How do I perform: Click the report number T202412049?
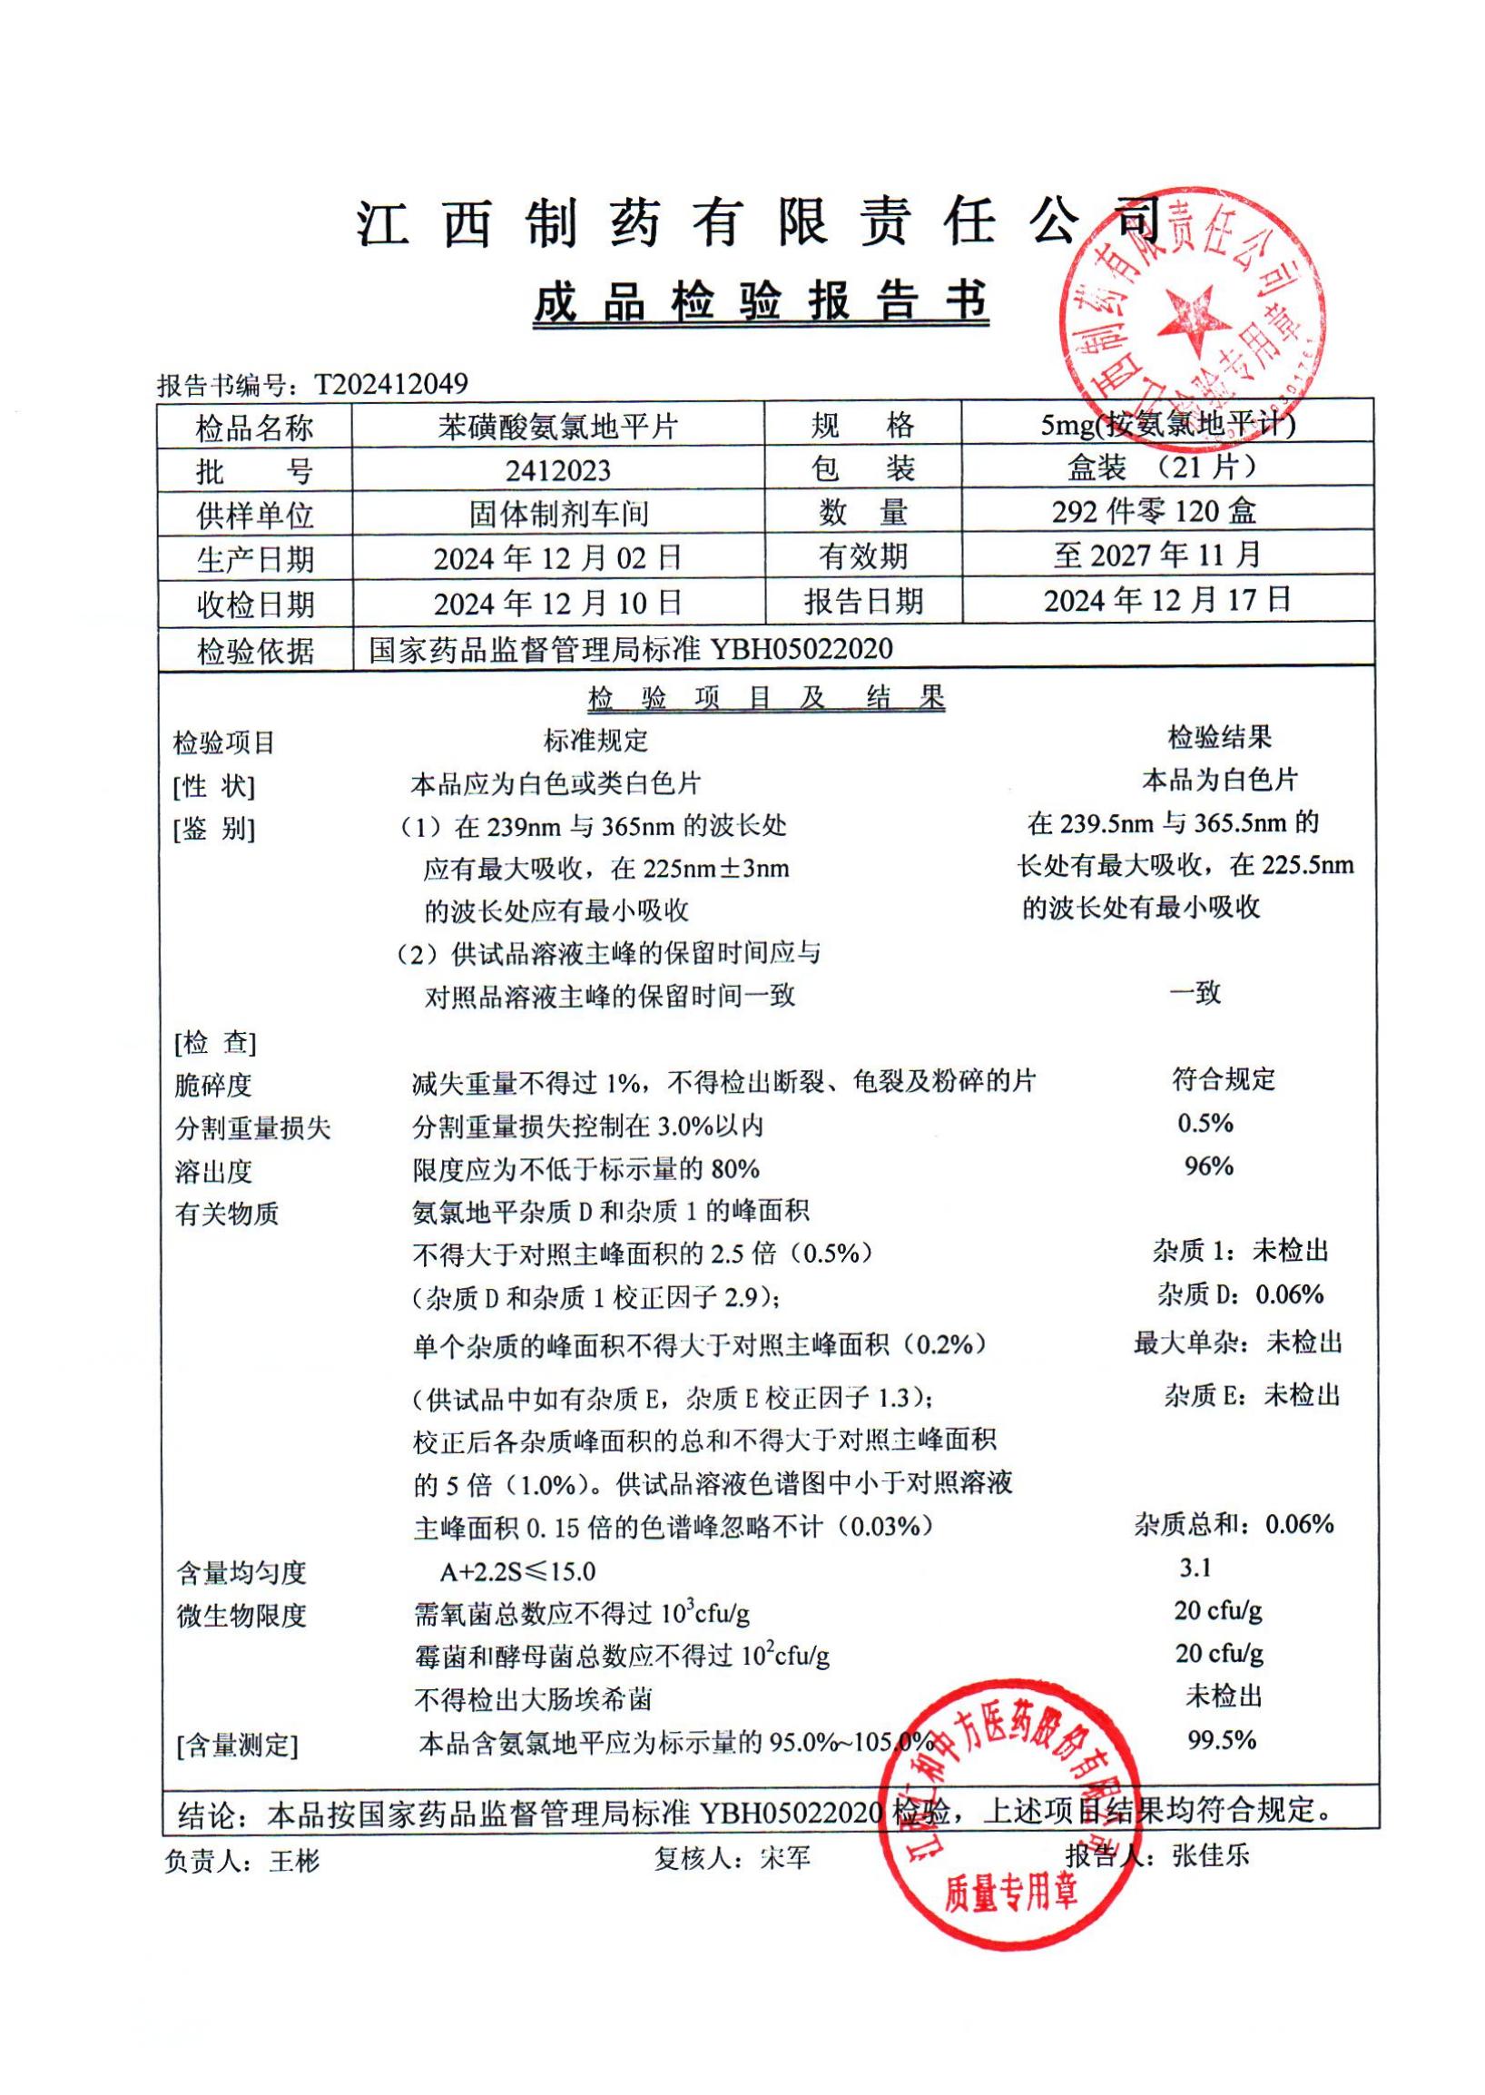[x=391, y=384]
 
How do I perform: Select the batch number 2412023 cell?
[x=558, y=471]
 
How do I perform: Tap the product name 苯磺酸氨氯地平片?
[x=558, y=427]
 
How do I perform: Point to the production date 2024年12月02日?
[x=558, y=559]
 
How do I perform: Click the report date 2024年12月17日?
[x=1166, y=601]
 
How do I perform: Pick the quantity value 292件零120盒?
[x=1154, y=512]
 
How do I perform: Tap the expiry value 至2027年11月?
[x=1157, y=556]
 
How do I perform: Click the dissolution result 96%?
[x=1208, y=1166]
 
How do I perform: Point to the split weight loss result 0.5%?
[x=1205, y=1124]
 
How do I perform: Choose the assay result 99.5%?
[x=1222, y=1740]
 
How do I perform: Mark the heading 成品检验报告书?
[x=761, y=301]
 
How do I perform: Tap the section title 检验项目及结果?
[x=764, y=700]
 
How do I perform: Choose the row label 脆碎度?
[x=213, y=1086]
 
